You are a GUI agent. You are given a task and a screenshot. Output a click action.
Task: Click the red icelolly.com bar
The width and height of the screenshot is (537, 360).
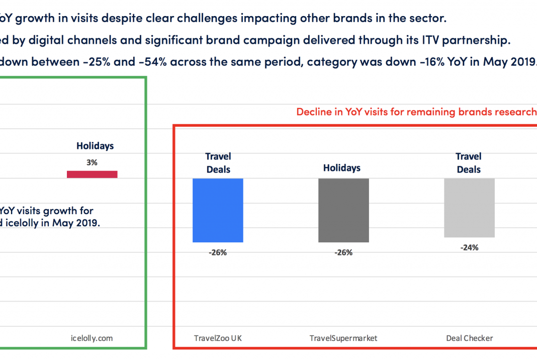pos(92,174)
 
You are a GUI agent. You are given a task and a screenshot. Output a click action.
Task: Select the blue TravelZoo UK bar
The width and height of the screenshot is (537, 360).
pos(218,210)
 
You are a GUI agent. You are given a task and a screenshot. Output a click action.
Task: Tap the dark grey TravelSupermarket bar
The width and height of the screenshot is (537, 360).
pos(343,210)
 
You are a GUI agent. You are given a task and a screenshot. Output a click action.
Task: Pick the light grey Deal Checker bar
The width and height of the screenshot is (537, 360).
pos(469,208)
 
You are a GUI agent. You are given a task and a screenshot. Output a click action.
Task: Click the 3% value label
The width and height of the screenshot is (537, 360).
pos(92,162)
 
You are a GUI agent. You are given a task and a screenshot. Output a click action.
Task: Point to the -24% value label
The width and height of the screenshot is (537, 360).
pos(469,247)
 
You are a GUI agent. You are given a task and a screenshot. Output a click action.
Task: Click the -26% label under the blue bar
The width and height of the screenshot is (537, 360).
pos(218,252)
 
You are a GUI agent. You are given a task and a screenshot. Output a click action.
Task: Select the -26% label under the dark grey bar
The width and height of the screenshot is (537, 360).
pos(343,252)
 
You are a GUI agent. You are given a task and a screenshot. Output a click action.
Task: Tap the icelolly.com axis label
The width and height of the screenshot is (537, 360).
pos(92,338)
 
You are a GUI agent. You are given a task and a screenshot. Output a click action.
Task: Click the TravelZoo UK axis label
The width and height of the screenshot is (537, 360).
pos(218,338)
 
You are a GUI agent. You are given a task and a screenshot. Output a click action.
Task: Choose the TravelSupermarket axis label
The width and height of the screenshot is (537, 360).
pos(343,338)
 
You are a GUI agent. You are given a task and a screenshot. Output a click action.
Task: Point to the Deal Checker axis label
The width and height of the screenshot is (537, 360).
pos(469,338)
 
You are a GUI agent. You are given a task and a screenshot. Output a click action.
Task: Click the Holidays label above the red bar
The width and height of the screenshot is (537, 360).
pos(95,146)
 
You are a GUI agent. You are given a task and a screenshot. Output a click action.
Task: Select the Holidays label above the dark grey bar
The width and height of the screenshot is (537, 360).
pos(342,168)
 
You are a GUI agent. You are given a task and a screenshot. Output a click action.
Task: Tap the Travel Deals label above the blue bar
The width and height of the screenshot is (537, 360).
pos(218,163)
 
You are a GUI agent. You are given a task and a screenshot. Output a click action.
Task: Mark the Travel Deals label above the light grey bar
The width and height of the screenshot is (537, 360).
pos(469,163)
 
